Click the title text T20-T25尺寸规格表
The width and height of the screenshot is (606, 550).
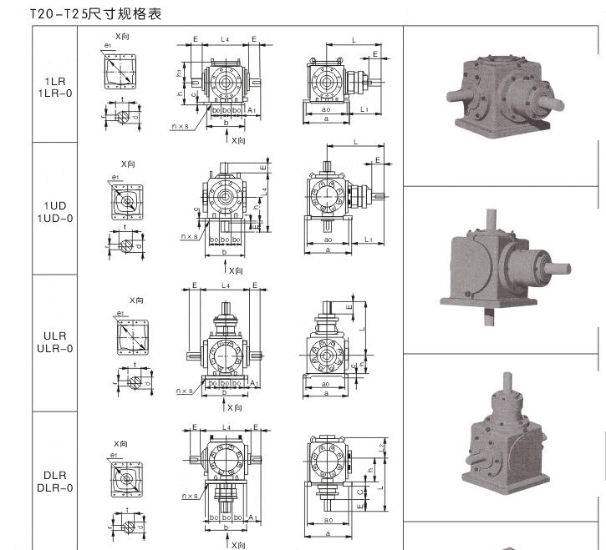94,14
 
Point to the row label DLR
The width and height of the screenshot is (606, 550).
55,475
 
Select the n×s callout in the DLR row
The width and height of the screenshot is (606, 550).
191,496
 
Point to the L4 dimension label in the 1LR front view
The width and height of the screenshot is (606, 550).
225,39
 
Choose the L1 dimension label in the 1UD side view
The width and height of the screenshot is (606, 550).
369,240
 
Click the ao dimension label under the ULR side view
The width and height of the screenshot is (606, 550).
327,381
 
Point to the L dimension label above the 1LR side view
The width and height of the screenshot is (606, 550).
354,39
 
